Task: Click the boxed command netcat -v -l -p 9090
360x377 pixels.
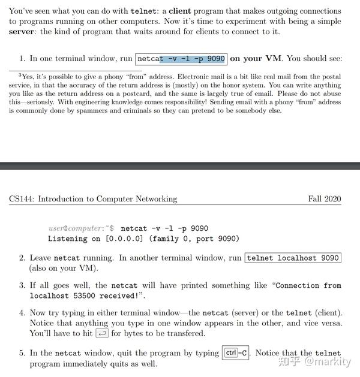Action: click(x=181, y=59)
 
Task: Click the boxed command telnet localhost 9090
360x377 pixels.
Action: click(x=293, y=258)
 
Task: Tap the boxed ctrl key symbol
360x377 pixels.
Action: click(x=230, y=353)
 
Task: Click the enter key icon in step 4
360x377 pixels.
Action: click(x=102, y=334)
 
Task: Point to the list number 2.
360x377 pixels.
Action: click(x=22, y=258)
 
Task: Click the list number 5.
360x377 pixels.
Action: click(x=22, y=353)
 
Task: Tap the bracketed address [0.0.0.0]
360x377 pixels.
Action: click(x=128, y=239)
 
